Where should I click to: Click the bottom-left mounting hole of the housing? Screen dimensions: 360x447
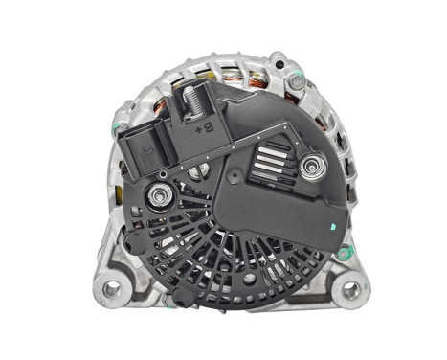(x=112, y=286)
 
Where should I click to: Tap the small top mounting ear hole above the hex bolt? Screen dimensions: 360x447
(x=279, y=58)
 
